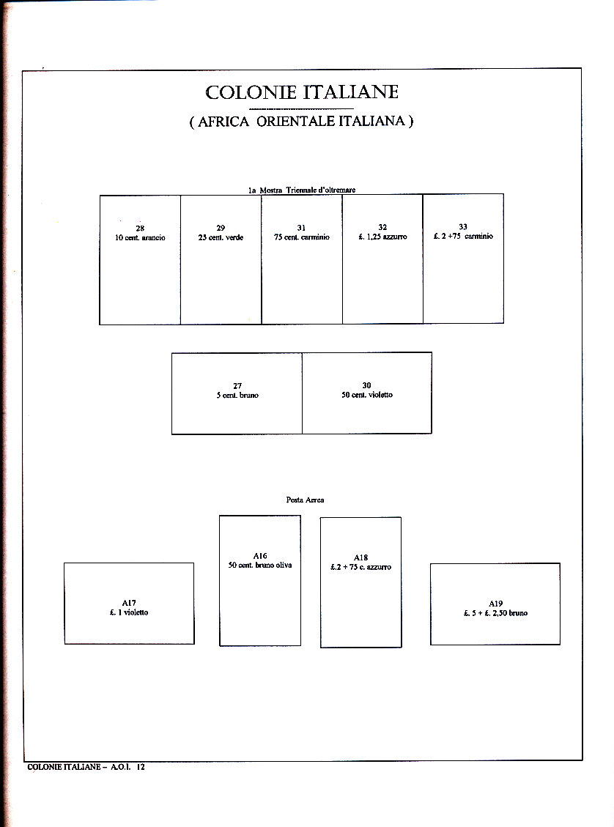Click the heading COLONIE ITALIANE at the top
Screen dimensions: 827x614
302,92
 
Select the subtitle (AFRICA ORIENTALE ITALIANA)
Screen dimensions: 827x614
301,122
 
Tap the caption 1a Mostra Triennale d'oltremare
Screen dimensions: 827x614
302,190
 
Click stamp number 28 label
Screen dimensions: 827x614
140,229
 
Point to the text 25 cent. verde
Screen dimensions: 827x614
221,238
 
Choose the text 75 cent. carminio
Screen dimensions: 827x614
302,237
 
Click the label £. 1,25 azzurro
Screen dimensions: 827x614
382,237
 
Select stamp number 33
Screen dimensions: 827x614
463,227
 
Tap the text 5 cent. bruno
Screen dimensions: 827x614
237,396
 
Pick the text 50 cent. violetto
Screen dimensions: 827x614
367,396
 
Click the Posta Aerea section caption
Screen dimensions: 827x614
305,500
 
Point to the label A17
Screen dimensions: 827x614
129,603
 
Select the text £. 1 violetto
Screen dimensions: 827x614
129,612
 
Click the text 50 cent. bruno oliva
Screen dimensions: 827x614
260,565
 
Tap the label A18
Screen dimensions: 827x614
360,557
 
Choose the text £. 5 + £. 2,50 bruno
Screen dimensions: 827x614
495,613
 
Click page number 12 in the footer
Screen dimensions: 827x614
140,767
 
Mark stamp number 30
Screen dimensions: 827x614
367,386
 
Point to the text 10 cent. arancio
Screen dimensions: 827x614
140,238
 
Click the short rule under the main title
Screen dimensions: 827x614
301,108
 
